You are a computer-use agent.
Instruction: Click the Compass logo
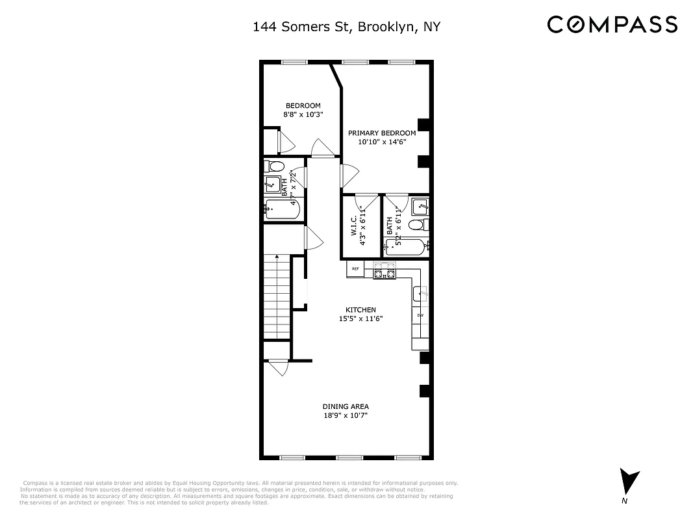612,25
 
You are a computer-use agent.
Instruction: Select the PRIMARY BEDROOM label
386,133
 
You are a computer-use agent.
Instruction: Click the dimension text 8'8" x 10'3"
303,114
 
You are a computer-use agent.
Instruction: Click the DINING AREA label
346,406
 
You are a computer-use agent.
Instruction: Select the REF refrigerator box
355,268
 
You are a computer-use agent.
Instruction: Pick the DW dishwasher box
420,316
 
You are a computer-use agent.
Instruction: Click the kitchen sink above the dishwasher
420,294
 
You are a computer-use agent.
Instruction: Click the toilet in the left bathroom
274,166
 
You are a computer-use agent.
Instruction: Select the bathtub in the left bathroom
282,210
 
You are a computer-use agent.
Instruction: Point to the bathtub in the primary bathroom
406,246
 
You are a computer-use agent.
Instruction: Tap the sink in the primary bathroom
420,207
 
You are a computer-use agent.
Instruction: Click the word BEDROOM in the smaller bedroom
303,106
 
